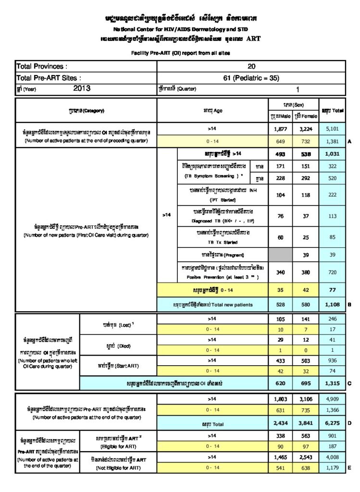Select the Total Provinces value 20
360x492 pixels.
pos(251,66)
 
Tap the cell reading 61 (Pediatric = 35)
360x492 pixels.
pos(251,77)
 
